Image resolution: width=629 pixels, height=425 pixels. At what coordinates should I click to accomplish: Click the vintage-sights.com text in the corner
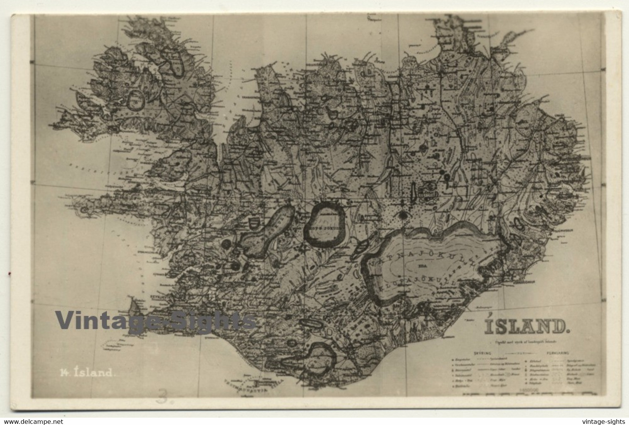point(600,420)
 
